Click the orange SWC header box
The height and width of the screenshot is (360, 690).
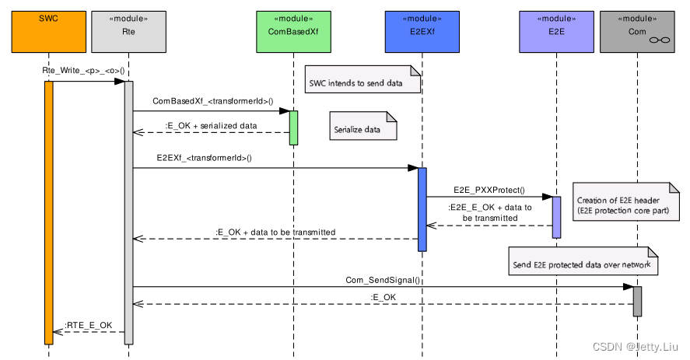pyautogui.click(x=48, y=32)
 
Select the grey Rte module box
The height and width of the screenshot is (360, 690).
pyautogui.click(x=128, y=32)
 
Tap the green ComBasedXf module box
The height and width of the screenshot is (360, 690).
pyautogui.click(x=293, y=32)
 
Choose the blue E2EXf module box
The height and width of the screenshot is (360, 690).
pyautogui.click(x=422, y=32)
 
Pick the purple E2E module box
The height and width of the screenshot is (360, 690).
pyautogui.click(x=556, y=32)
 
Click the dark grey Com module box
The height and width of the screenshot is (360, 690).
pyautogui.click(x=637, y=32)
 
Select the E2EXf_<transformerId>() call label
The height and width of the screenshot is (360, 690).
pyautogui.click(x=204, y=158)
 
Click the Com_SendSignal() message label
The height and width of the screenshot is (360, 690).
pyautogui.click(x=383, y=280)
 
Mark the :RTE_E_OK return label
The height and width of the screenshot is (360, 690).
pyautogui.click(x=89, y=325)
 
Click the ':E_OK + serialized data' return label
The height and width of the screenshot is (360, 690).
pyautogui.click(x=211, y=125)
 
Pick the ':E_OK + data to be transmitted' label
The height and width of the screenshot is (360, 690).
pyautogui.click(x=275, y=232)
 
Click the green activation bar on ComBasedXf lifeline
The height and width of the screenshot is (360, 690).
pyautogui.click(x=293, y=128)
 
